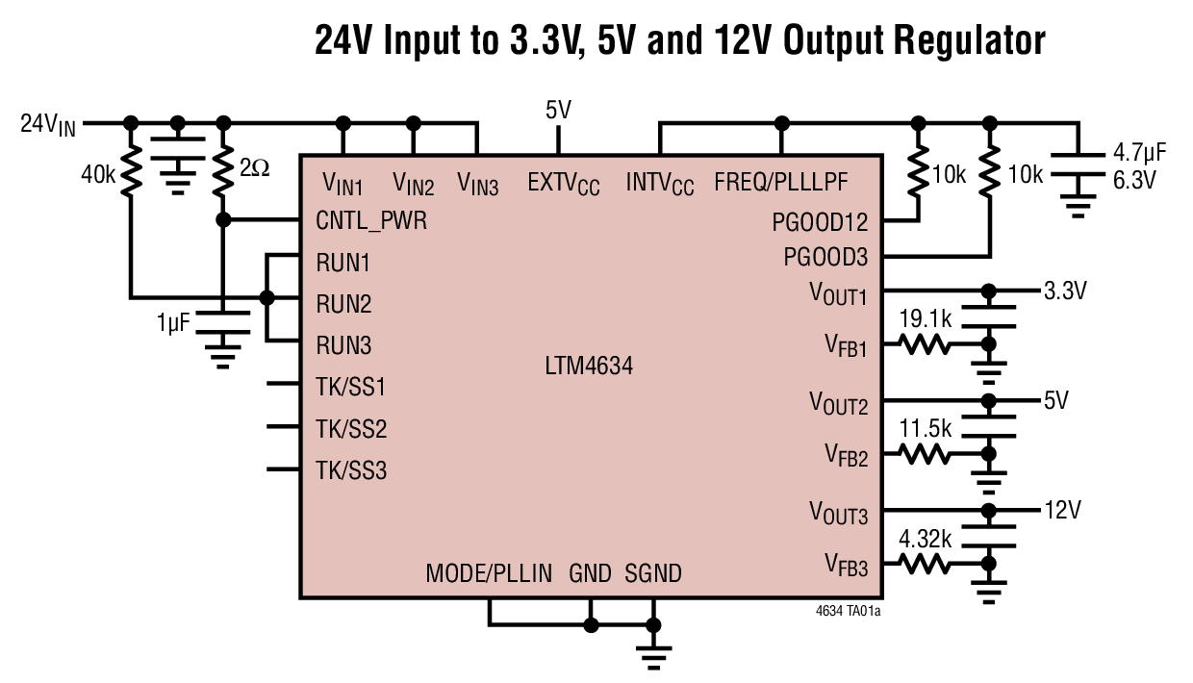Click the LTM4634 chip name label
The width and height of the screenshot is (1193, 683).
(x=588, y=367)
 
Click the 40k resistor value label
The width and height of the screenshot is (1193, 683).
(x=99, y=176)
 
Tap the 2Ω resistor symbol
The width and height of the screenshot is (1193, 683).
(x=223, y=171)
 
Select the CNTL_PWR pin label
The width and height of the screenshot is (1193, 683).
(x=371, y=220)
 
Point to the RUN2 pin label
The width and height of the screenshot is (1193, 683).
(x=343, y=304)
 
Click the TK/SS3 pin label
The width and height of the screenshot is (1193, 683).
(x=351, y=470)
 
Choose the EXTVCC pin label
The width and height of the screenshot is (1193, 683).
(x=563, y=182)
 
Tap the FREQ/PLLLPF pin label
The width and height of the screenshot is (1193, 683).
(x=781, y=182)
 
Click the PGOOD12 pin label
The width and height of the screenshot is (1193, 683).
(x=820, y=223)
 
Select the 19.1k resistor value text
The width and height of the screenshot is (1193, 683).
(x=925, y=318)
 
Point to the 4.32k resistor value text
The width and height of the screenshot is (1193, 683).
(x=925, y=540)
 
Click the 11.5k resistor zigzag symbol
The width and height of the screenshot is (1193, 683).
(x=925, y=452)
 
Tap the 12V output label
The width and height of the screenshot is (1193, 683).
(x=1062, y=509)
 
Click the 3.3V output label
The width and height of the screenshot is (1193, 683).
(x=1065, y=289)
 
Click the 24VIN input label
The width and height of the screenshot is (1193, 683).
(x=47, y=124)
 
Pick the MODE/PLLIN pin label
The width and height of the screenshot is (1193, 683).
(x=489, y=574)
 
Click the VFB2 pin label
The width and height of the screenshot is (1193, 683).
(x=846, y=454)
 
